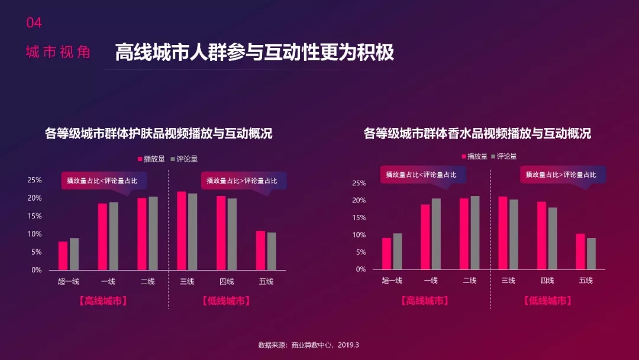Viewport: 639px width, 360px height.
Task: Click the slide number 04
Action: [34, 23]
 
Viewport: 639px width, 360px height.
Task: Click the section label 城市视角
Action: [58, 52]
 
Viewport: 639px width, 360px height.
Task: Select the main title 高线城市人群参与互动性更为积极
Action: [254, 52]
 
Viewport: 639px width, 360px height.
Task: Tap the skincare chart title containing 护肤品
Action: [159, 133]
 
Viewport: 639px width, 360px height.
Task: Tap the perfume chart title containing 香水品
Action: [477, 133]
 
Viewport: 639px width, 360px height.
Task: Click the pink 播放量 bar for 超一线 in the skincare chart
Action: [63, 256]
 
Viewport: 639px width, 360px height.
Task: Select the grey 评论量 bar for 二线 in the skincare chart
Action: [153, 233]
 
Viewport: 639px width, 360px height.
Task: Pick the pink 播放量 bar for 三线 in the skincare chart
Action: [182, 231]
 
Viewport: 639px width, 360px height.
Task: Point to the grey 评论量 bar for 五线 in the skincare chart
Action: [272, 251]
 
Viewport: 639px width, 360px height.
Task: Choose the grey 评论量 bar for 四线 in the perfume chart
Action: [553, 238]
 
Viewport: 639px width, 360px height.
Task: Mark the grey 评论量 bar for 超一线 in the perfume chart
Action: [398, 251]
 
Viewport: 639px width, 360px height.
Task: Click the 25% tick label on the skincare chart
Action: [34, 180]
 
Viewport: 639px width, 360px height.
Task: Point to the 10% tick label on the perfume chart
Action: [359, 235]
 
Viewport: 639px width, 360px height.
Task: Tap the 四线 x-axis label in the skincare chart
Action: [227, 281]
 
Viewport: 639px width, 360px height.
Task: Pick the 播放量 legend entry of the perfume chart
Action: [475, 156]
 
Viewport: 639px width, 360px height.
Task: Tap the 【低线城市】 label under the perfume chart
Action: [548, 301]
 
